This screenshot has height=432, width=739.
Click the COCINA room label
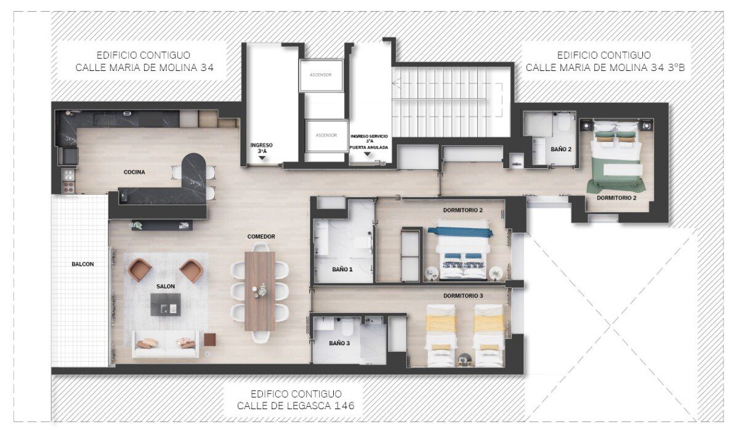[134, 172]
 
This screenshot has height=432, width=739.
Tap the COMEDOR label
[261, 237]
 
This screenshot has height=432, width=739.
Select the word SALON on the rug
[166, 287]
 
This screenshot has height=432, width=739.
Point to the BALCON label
[83, 264]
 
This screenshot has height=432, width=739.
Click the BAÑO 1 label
[342, 269]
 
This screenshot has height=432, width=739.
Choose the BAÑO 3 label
[339, 343]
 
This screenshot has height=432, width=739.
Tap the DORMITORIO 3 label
[463, 296]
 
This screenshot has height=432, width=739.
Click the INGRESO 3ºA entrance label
[261, 148]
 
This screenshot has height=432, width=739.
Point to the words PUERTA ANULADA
[369, 147]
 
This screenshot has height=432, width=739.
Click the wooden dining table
[260, 291]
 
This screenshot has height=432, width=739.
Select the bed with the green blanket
[616, 157]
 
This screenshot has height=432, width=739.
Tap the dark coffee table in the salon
[166, 304]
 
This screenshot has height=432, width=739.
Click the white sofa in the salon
[166, 344]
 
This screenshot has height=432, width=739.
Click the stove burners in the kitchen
[68, 180]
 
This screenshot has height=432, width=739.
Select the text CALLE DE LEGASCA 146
[296, 406]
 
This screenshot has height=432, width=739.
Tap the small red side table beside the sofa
[210, 340]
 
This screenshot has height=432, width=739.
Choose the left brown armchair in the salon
[140, 270]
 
